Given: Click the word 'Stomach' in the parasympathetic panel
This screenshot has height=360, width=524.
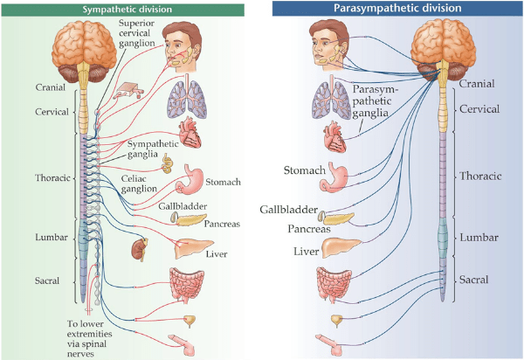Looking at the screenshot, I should click(303, 168).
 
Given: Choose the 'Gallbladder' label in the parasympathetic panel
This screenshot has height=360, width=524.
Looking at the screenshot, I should click(287, 210).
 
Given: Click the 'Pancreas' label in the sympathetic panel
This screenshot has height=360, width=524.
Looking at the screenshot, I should click(222, 224).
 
